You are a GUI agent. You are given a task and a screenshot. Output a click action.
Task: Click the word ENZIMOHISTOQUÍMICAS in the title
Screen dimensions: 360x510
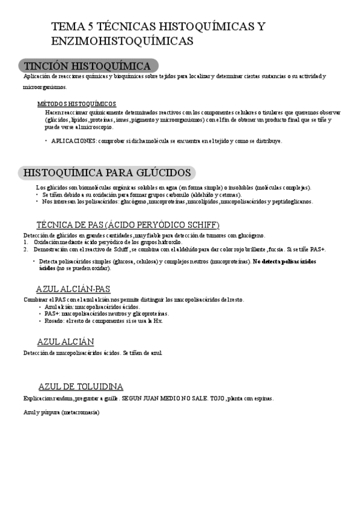click(123, 41)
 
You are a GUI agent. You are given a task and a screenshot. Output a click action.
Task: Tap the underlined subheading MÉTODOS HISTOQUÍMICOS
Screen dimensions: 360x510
click(76, 103)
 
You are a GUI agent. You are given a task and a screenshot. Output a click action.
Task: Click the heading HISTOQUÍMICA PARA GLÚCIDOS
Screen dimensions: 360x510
click(106, 173)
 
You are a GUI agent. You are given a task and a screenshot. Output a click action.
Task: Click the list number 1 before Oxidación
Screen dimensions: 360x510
click(26, 242)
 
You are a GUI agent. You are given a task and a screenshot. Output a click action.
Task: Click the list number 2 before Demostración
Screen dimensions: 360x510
click(26, 249)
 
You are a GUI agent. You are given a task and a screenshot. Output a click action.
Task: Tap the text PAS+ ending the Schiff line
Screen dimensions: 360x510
click(319, 249)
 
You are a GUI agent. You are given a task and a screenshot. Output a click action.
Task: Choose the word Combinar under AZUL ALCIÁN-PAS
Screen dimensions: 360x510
click(34, 300)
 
